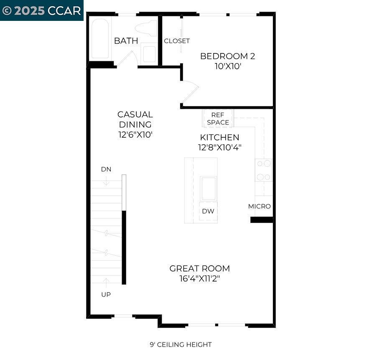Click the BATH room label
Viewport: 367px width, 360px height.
coord(126,41)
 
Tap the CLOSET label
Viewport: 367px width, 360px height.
coord(177,41)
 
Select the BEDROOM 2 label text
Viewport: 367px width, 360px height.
coord(227,56)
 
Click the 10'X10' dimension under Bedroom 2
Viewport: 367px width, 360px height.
coord(227,66)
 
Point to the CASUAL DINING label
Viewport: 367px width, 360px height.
coord(135,119)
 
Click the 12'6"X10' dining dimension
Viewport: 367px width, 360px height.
coord(135,135)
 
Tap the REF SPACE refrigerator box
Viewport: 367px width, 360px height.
coord(218,119)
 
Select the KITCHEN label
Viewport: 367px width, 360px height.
coord(219,137)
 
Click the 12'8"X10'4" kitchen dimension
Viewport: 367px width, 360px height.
coord(219,147)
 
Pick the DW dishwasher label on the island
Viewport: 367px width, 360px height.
coord(208,211)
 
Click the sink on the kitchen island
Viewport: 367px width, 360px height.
coord(208,188)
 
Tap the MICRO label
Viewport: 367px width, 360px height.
coord(259,206)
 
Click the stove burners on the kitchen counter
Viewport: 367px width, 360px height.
coord(264,170)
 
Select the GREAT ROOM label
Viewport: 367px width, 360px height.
coord(199,269)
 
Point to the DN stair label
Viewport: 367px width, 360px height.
coord(106,169)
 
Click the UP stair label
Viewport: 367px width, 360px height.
coord(106,294)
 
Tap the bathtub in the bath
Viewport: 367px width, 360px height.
coord(100,39)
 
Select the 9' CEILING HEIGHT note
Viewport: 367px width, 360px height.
coord(181,345)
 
